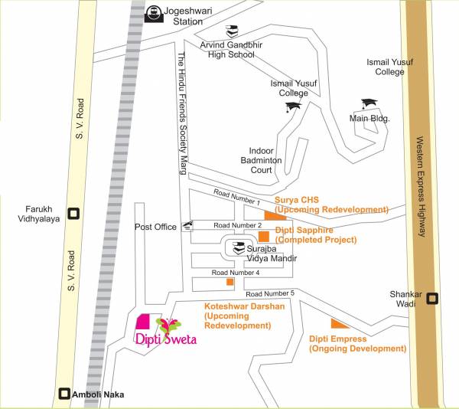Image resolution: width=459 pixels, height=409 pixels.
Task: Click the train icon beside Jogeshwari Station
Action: pyautogui.click(x=155, y=13)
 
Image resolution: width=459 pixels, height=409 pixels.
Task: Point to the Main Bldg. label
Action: pyautogui.click(x=369, y=119)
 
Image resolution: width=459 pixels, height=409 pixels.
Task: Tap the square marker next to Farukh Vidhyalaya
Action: pyautogui.click(x=73, y=214)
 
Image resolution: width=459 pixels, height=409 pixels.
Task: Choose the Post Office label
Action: pyautogui.click(x=155, y=227)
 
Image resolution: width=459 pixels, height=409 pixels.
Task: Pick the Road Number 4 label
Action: pyautogui.click(x=236, y=273)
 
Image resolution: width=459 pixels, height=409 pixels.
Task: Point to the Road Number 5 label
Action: pyautogui.click(x=270, y=293)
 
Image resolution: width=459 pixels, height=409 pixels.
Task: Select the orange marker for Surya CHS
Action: pyautogui.click(x=269, y=215)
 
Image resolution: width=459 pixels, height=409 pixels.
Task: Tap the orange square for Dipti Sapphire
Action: pyautogui.click(x=263, y=236)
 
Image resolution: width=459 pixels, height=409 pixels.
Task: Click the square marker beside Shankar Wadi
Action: pyautogui.click(x=432, y=299)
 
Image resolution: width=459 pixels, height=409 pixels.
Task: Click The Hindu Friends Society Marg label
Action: pyautogui.click(x=182, y=114)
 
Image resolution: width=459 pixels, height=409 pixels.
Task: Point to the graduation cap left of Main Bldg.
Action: pyautogui.click(x=370, y=103)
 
